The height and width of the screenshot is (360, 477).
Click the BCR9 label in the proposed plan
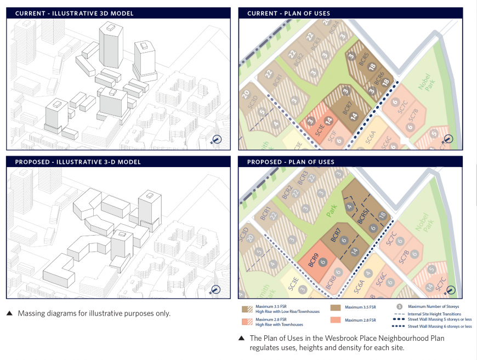tap(314, 259)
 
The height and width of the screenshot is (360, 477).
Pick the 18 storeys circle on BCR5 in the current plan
tap(372, 67)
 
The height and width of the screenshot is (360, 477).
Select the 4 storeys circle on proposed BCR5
tap(350, 207)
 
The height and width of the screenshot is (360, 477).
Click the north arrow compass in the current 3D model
tap(217, 140)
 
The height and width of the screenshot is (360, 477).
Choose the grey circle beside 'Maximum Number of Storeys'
tap(400, 307)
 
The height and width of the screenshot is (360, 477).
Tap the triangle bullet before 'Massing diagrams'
tap(9, 314)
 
